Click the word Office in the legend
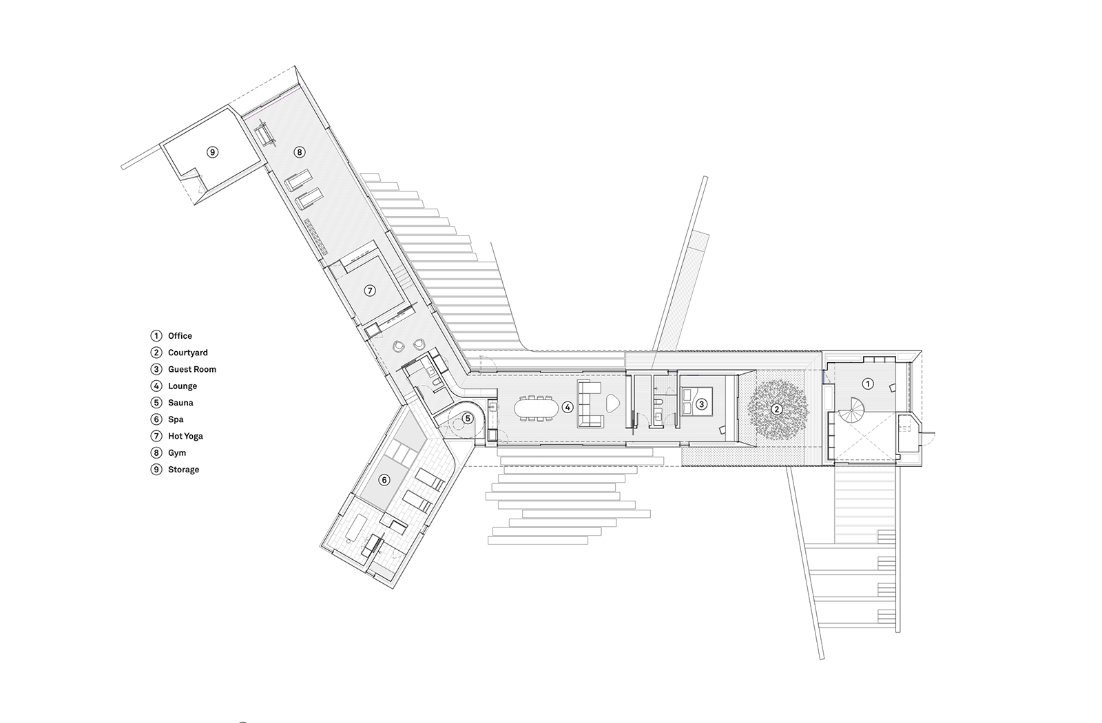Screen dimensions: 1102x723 point(180,336)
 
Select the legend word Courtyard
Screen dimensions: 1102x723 point(188,353)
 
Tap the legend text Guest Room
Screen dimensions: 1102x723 point(192,369)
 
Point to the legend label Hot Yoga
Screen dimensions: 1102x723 point(185,437)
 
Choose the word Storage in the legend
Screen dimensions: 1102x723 point(183,470)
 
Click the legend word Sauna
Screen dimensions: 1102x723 point(180,403)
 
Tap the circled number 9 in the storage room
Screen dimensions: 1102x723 point(213,152)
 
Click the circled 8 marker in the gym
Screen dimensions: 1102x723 point(299,152)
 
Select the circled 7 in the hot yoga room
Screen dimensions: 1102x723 point(369,291)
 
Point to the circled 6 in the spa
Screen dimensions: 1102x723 point(384,479)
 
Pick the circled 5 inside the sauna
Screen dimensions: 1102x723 point(468,419)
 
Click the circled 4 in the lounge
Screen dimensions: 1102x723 point(568,407)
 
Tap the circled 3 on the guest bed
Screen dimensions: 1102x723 point(702,404)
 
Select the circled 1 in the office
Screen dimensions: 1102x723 point(868,384)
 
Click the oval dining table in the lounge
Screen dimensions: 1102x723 point(537,408)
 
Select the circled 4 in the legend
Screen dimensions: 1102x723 point(156,386)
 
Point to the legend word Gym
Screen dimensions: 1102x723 point(177,453)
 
